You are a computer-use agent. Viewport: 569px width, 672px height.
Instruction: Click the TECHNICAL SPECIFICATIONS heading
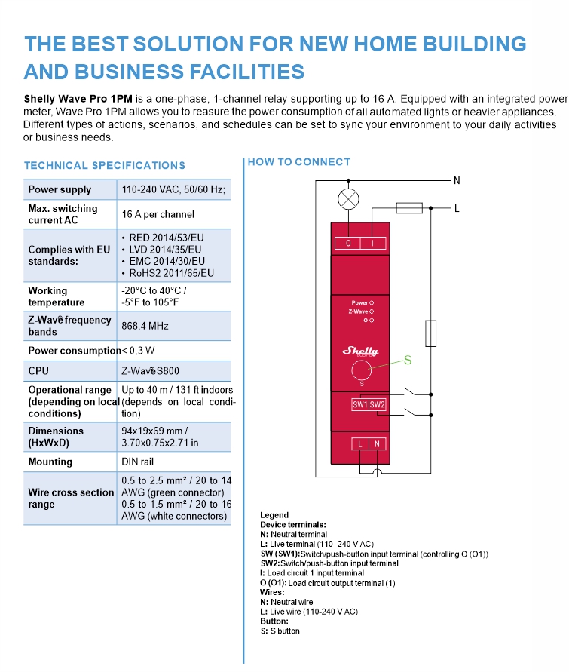[104, 165]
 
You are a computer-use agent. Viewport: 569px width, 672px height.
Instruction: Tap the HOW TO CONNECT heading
[299, 161]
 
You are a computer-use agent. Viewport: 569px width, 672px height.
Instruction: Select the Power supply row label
[60, 189]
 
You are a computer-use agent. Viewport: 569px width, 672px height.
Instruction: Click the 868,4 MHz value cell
[145, 326]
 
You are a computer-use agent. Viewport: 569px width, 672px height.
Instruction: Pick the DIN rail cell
[139, 462]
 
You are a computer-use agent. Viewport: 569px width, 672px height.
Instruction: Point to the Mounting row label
[50, 462]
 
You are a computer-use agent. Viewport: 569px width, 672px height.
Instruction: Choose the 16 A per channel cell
[158, 214]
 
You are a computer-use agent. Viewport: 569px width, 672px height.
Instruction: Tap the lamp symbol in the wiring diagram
[348, 200]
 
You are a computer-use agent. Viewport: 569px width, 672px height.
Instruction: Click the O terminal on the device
[348, 243]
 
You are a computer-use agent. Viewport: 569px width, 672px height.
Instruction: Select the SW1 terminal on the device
[360, 405]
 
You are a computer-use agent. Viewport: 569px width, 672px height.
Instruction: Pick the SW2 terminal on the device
[378, 405]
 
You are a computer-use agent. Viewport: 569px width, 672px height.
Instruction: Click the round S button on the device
[362, 370]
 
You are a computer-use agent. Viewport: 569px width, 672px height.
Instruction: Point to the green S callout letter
[408, 361]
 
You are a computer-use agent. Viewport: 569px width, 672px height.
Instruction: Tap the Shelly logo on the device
[361, 351]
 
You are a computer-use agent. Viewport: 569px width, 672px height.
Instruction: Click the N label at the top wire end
[457, 180]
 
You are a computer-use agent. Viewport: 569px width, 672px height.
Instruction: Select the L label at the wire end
[457, 208]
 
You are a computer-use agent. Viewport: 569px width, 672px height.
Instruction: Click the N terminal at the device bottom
[378, 444]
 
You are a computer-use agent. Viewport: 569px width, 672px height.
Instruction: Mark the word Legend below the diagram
[274, 515]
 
